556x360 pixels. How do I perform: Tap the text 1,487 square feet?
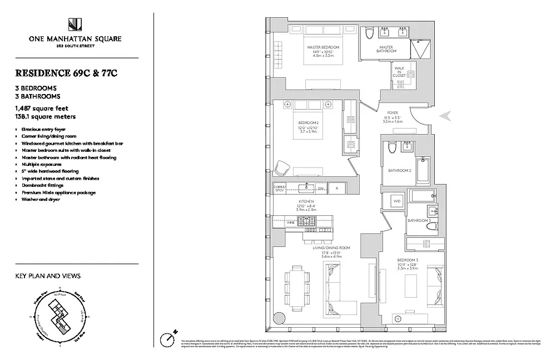42,109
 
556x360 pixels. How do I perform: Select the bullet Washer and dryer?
41,199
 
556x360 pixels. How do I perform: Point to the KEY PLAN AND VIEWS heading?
48,276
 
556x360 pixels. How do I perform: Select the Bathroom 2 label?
399,170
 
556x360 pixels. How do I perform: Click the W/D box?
397,201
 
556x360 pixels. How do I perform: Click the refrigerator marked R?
336,189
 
